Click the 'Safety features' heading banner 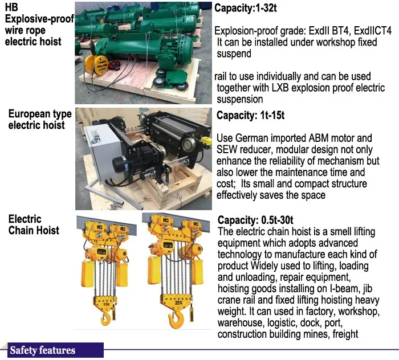click(55, 350)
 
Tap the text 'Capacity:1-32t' click(246, 8)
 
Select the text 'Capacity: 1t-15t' click(250, 115)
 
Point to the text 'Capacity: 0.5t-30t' click(255, 220)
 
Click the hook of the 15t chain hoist click(105, 318)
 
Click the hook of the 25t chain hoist click(176, 320)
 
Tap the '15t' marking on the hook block click(107, 304)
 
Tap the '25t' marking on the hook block click(178, 302)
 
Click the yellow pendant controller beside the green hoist click(100, 65)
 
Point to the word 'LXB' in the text click(280, 88)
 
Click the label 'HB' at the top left click(11, 7)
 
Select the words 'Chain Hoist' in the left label click(34, 230)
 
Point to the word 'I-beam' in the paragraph click(344, 289)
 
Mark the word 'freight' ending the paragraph click(345, 334)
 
